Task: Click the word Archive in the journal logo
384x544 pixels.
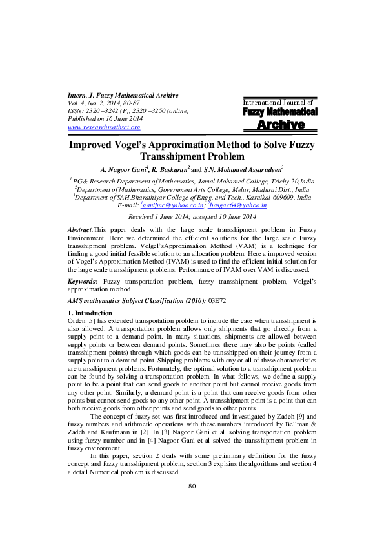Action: (280, 124)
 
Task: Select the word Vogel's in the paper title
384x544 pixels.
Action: (139, 145)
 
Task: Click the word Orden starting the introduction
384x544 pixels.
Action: (77, 320)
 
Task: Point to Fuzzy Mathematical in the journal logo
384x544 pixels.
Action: (280, 112)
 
